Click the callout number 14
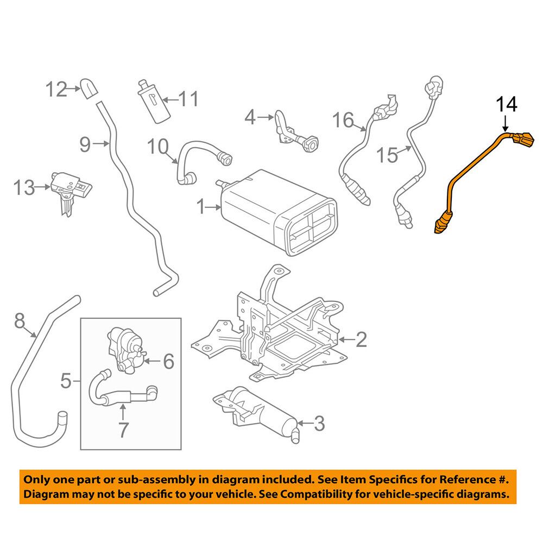click(506, 104)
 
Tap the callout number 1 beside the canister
click(201, 207)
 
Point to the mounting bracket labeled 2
click(271, 331)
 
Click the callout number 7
click(123, 430)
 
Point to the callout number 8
click(20, 322)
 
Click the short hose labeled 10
click(201, 155)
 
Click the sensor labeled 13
click(68, 190)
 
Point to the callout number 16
click(344, 119)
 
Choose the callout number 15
click(388, 155)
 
